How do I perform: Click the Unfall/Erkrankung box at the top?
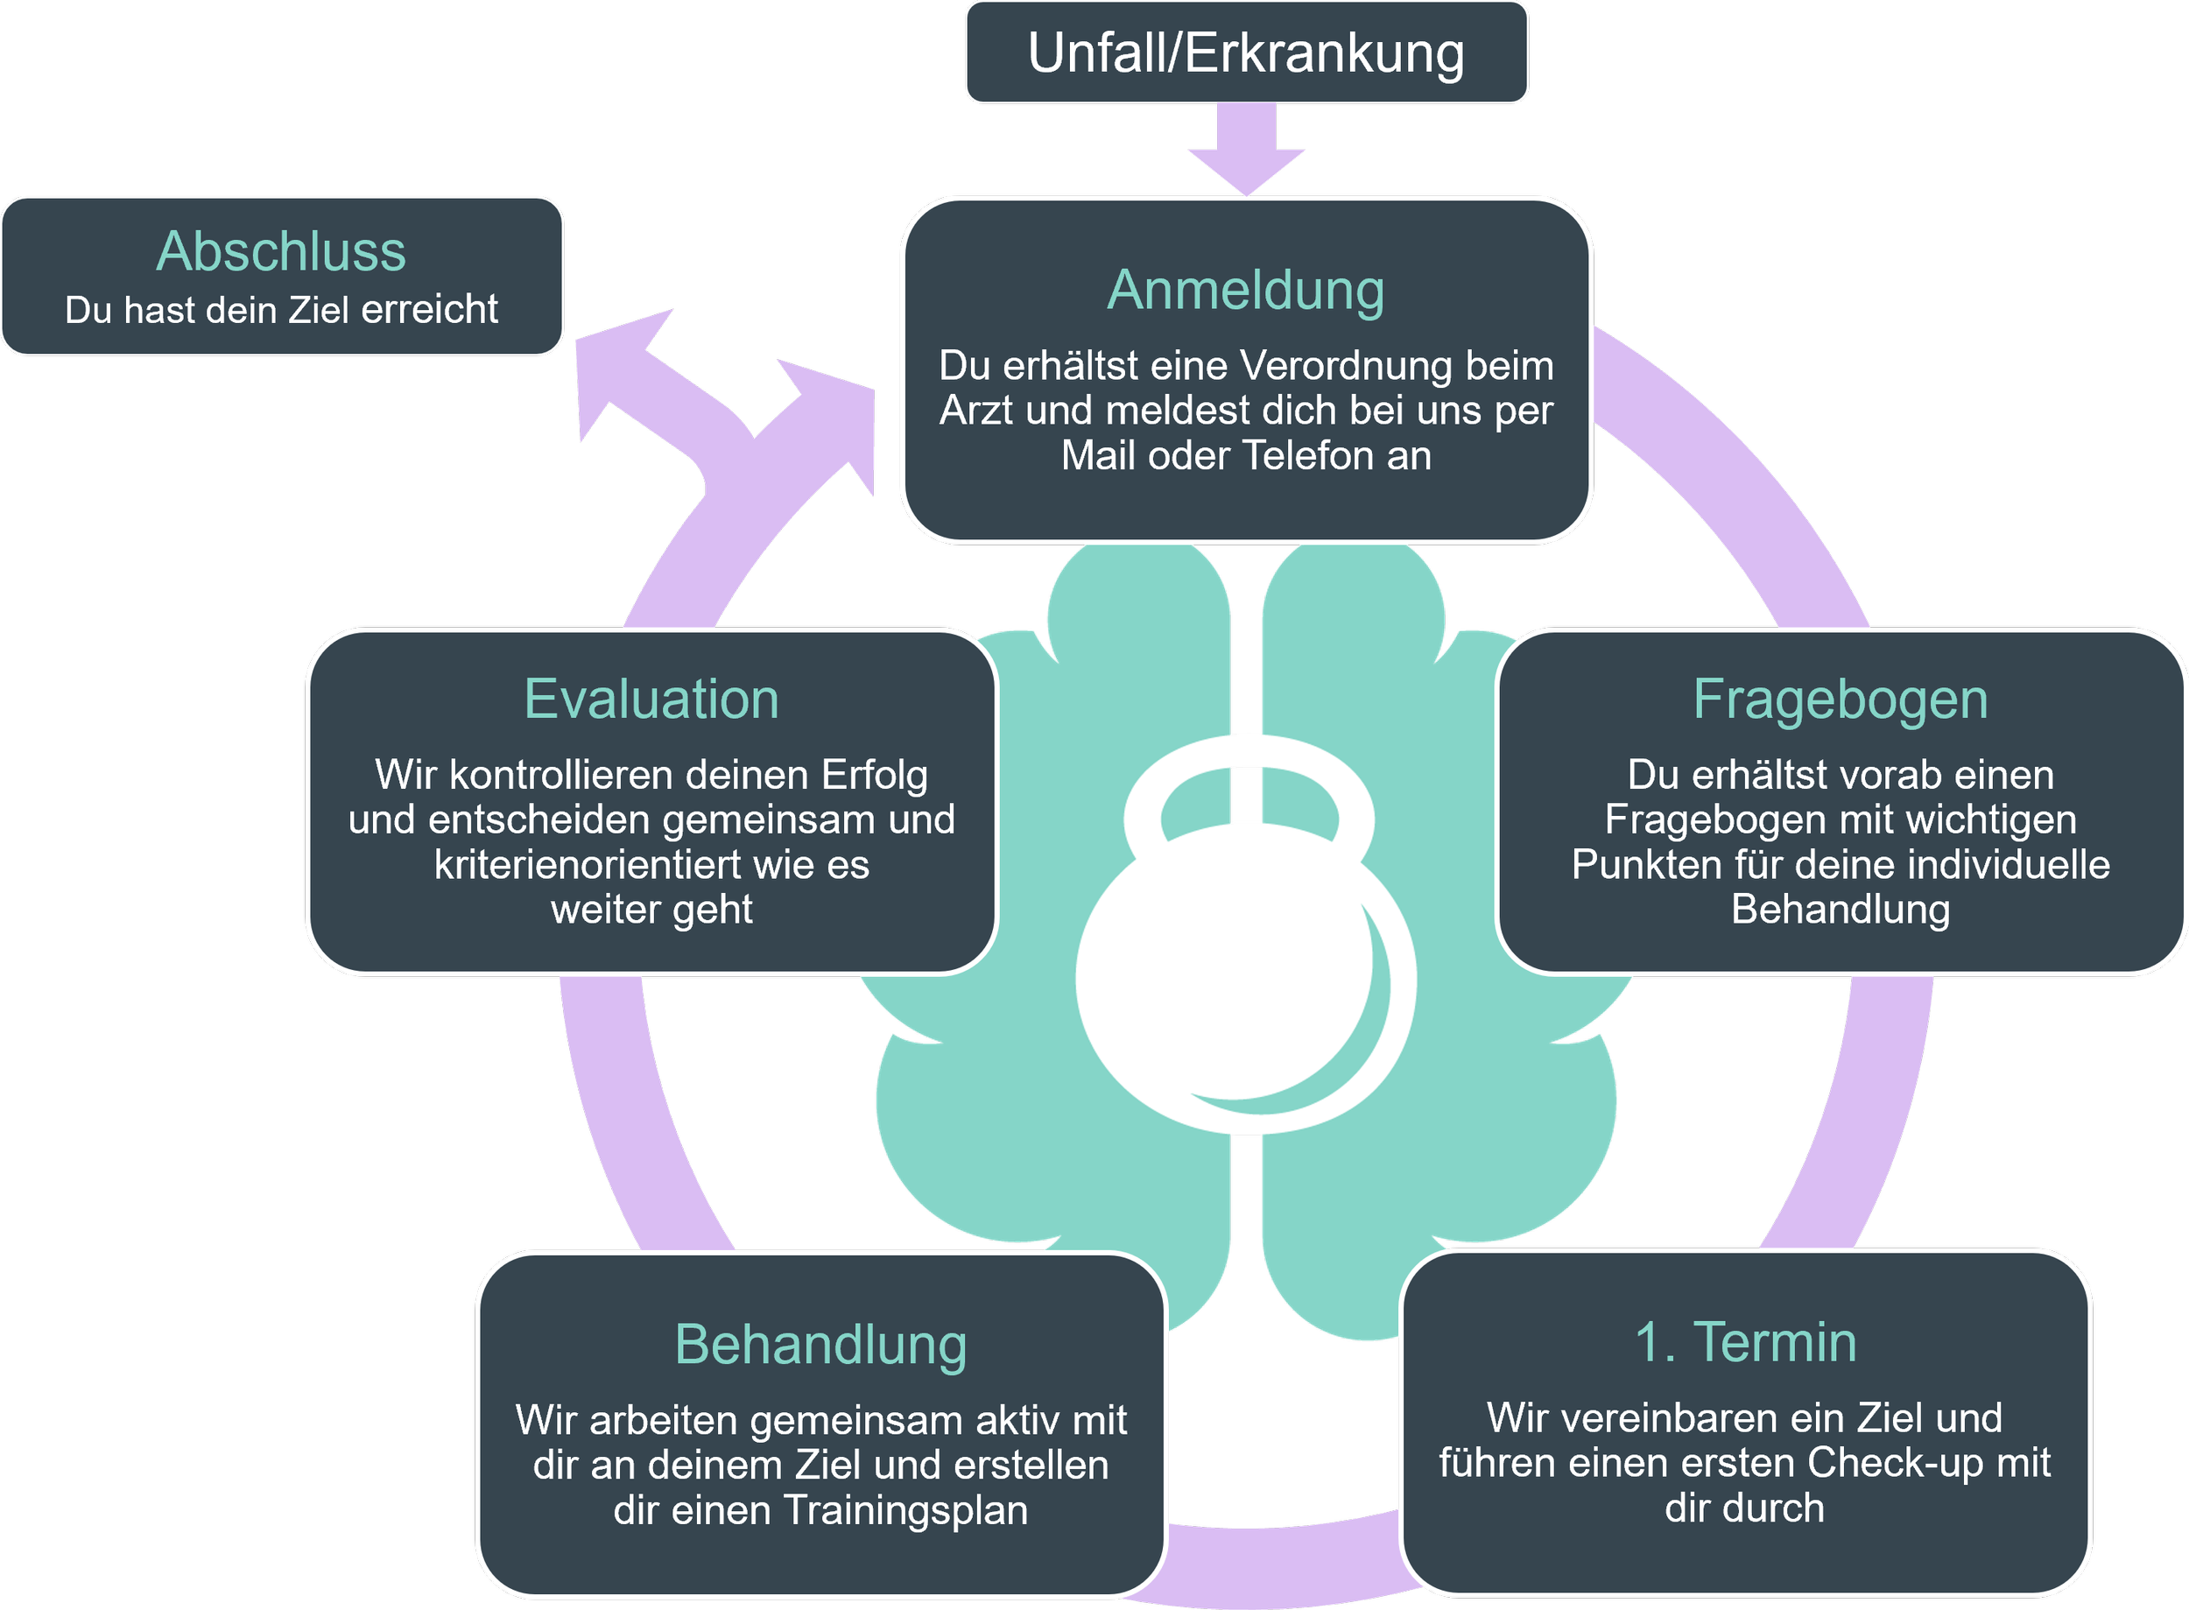pos(1246,53)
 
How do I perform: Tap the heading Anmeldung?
pos(1246,291)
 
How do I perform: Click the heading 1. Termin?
pos(1744,1342)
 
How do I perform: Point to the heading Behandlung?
pos(820,1345)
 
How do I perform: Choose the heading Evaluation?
pos(651,700)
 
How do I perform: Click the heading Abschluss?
pos(281,251)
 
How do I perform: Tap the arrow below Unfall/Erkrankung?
pos(1246,151)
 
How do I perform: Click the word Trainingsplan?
pos(906,1510)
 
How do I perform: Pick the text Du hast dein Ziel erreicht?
pos(281,310)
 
